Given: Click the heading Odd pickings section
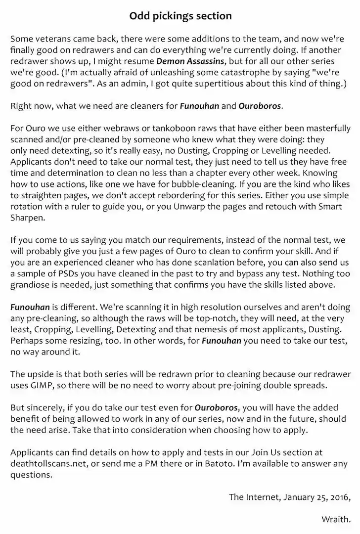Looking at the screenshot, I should (180, 16).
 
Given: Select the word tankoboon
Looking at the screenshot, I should (140, 129).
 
